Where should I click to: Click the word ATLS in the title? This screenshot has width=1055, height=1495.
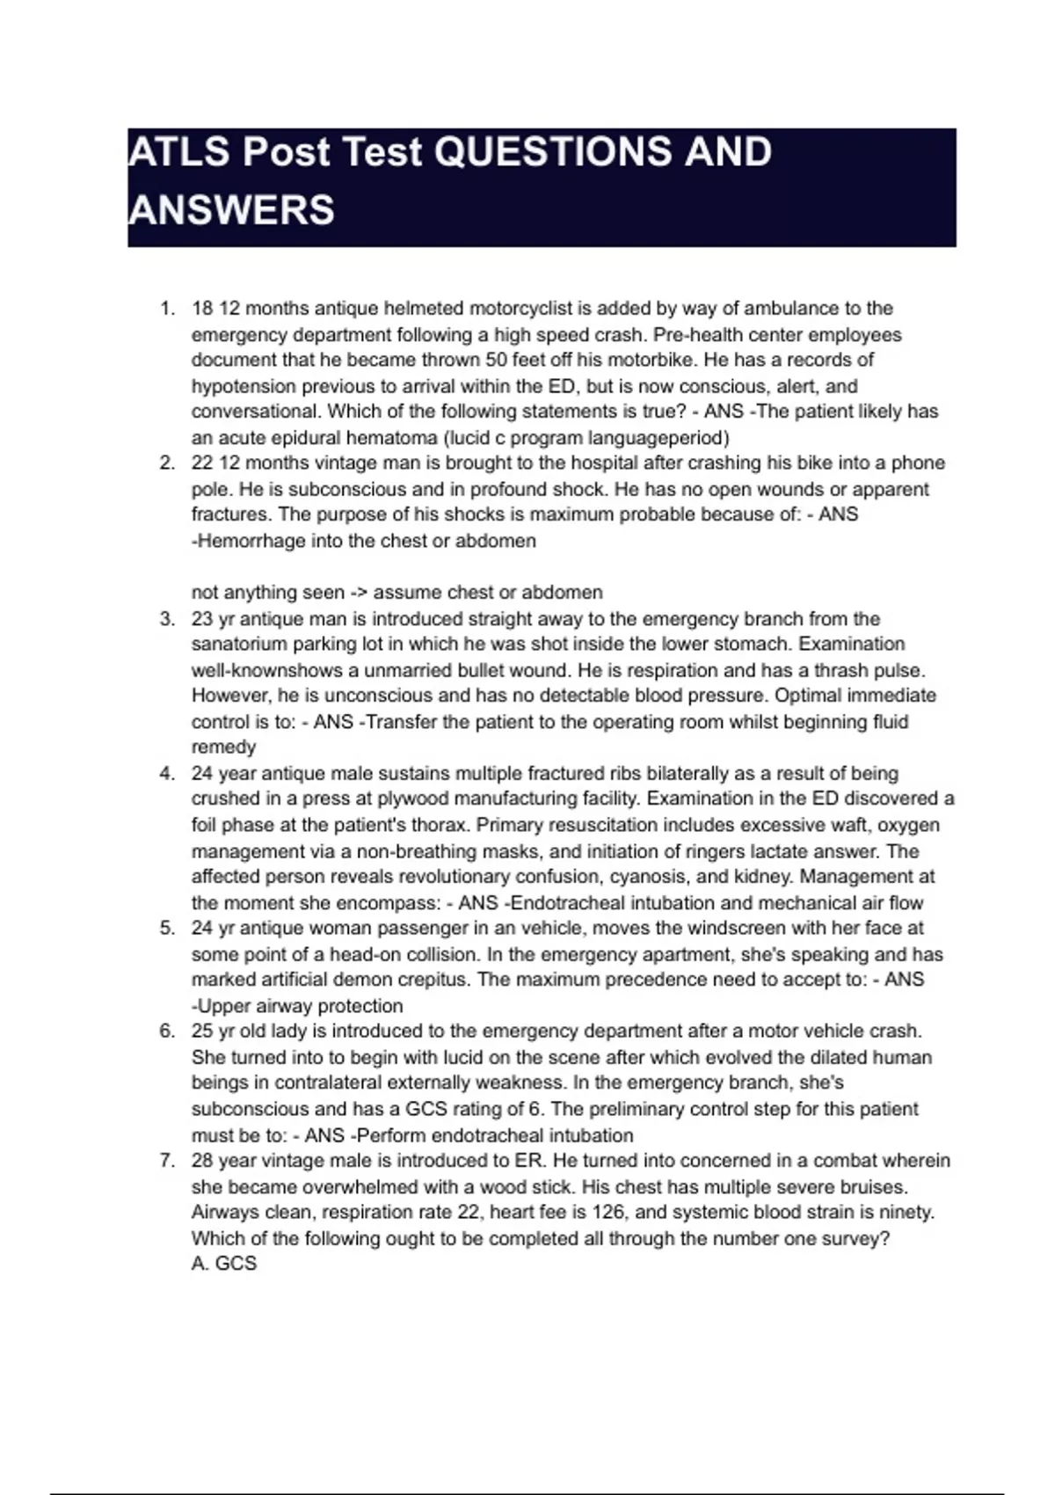(x=179, y=152)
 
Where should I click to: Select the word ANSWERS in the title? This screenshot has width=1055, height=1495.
(x=231, y=211)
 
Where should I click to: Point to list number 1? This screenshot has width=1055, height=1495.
(x=167, y=309)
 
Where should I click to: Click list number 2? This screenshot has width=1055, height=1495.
(x=167, y=463)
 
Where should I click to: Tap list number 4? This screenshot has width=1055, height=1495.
(x=167, y=774)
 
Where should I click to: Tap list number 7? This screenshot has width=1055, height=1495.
(x=167, y=1161)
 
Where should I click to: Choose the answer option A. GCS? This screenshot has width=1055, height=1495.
(x=223, y=1265)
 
